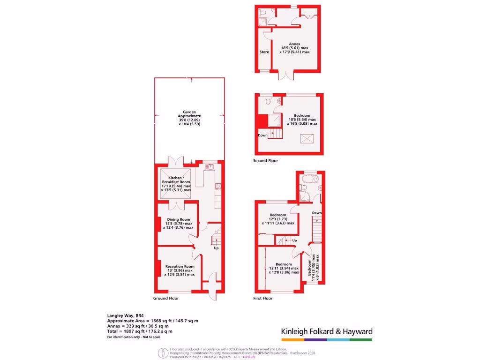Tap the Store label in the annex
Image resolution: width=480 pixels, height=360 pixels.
pyautogui.click(x=264, y=52)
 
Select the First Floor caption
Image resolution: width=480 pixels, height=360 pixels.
pyautogui.click(x=262, y=298)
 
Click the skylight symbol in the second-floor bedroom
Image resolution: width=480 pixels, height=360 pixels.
pyautogui.click(x=307, y=138)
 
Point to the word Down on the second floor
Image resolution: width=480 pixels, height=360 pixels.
pyautogui.click(x=262, y=135)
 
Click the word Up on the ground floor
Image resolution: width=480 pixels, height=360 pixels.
pyautogui.click(x=216, y=248)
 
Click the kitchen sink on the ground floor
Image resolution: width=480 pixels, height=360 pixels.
pyautogui.click(x=209, y=166)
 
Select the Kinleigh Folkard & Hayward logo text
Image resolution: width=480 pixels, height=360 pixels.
pyautogui.click(x=327, y=331)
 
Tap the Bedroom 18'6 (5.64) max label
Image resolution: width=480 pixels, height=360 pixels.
pyautogui.click(x=302, y=120)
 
